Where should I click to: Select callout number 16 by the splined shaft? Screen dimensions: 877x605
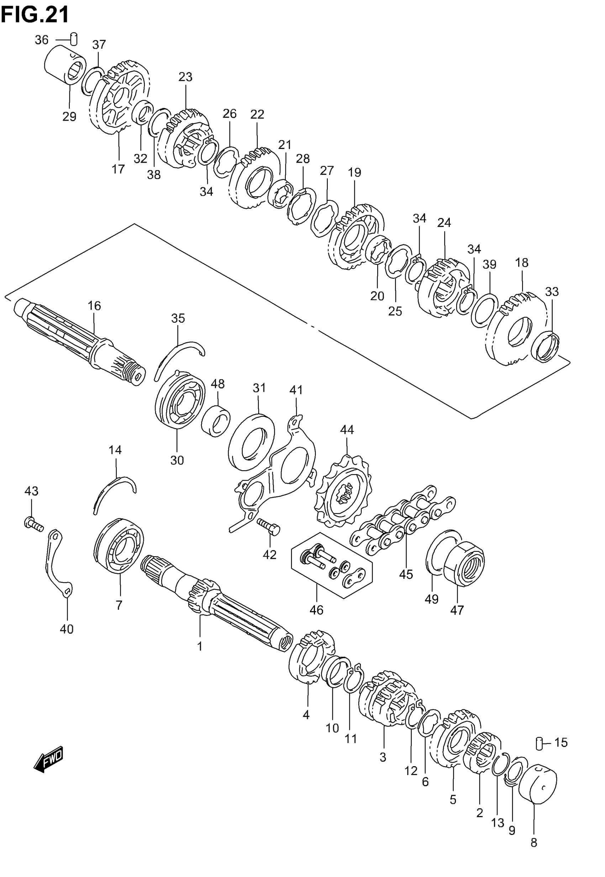[94, 305]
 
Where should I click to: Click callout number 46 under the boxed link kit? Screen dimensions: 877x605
[316, 610]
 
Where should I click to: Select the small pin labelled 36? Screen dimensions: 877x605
[75, 39]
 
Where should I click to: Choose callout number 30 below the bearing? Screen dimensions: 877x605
[177, 460]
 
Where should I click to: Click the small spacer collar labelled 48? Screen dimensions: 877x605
[216, 421]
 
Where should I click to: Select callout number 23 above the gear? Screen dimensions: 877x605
[185, 77]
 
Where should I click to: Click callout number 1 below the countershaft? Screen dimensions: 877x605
[200, 646]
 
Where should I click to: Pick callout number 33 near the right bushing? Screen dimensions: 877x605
[552, 291]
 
